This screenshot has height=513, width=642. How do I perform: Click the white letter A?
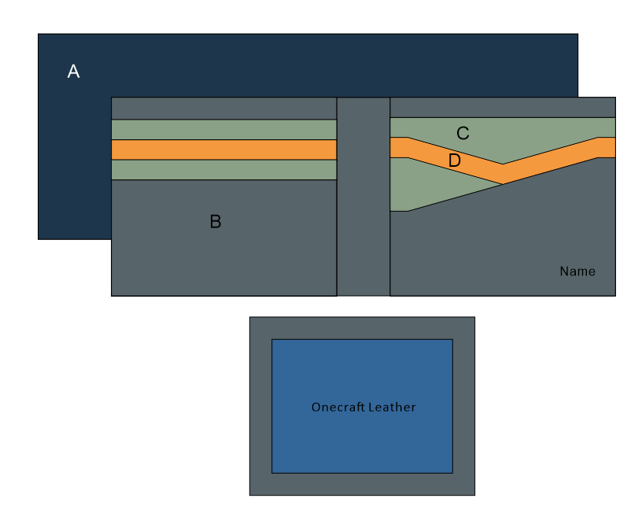point(73,72)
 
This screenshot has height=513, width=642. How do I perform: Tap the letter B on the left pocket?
point(215,222)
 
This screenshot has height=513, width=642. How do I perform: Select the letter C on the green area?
point(463,133)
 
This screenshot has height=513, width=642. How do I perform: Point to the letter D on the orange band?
point(454,161)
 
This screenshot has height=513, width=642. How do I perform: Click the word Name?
point(577,271)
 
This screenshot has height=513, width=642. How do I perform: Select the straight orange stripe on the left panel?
point(223,149)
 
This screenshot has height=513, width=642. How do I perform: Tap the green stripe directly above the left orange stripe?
point(223,129)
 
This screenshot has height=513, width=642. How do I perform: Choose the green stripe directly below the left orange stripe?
point(223,170)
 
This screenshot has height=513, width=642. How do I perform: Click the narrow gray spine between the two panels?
point(363,197)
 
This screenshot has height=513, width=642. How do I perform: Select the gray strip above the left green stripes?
point(223,109)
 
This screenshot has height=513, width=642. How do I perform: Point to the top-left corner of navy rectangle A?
point(39,34)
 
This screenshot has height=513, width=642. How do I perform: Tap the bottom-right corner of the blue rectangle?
point(452,473)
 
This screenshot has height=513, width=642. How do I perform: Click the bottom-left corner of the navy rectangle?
point(39,238)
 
